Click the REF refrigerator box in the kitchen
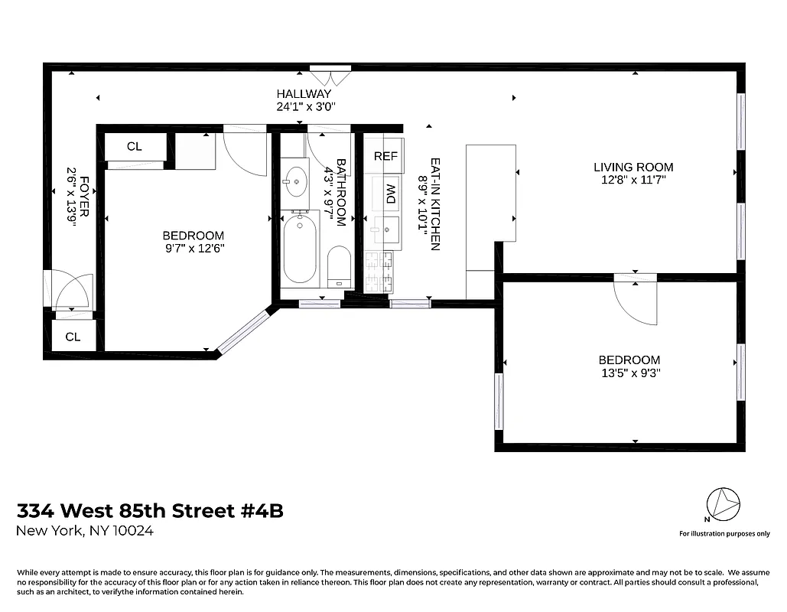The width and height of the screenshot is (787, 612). (385, 156)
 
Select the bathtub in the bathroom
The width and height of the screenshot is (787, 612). (300, 248)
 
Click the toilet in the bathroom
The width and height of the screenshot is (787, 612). (338, 265)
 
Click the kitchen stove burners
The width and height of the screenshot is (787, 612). (381, 272)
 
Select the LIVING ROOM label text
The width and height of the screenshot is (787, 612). (633, 167)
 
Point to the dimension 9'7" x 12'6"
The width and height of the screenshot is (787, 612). (193, 249)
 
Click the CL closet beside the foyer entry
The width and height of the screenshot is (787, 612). (73, 337)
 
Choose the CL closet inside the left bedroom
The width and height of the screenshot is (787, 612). (135, 146)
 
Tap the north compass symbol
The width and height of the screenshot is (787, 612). (724, 504)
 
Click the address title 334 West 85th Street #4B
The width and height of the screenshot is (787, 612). (150, 510)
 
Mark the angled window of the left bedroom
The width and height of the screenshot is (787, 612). (245, 331)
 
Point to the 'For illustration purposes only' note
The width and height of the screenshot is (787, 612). (724, 533)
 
